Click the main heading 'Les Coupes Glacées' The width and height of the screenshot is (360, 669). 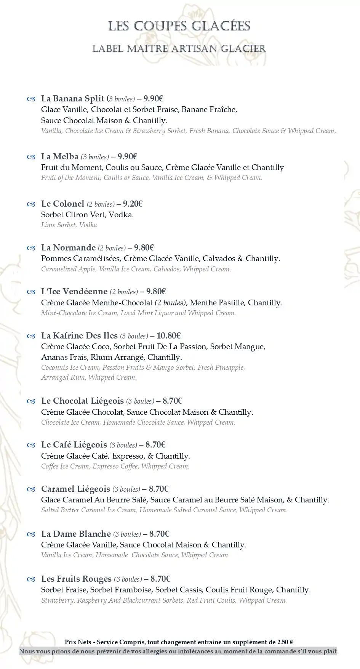point(179,26)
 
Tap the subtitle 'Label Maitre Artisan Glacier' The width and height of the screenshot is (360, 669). point(179,49)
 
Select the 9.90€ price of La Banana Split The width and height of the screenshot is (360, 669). point(153,99)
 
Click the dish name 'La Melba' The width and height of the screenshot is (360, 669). point(60,157)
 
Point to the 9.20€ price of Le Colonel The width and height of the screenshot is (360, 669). point(133,204)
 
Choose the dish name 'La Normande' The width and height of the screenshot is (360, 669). point(69,248)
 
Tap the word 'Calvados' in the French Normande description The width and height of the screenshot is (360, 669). point(219,258)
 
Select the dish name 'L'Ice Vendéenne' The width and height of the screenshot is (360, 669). point(74,292)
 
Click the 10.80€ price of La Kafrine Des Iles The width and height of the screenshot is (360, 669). point(168,336)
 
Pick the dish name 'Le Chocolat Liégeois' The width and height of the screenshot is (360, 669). point(82,401)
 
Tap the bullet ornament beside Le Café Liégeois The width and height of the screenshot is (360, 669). point(31,445)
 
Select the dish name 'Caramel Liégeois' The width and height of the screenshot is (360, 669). point(75,489)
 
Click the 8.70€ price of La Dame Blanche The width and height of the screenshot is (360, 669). point(159,534)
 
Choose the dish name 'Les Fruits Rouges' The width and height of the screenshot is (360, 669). point(76,579)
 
